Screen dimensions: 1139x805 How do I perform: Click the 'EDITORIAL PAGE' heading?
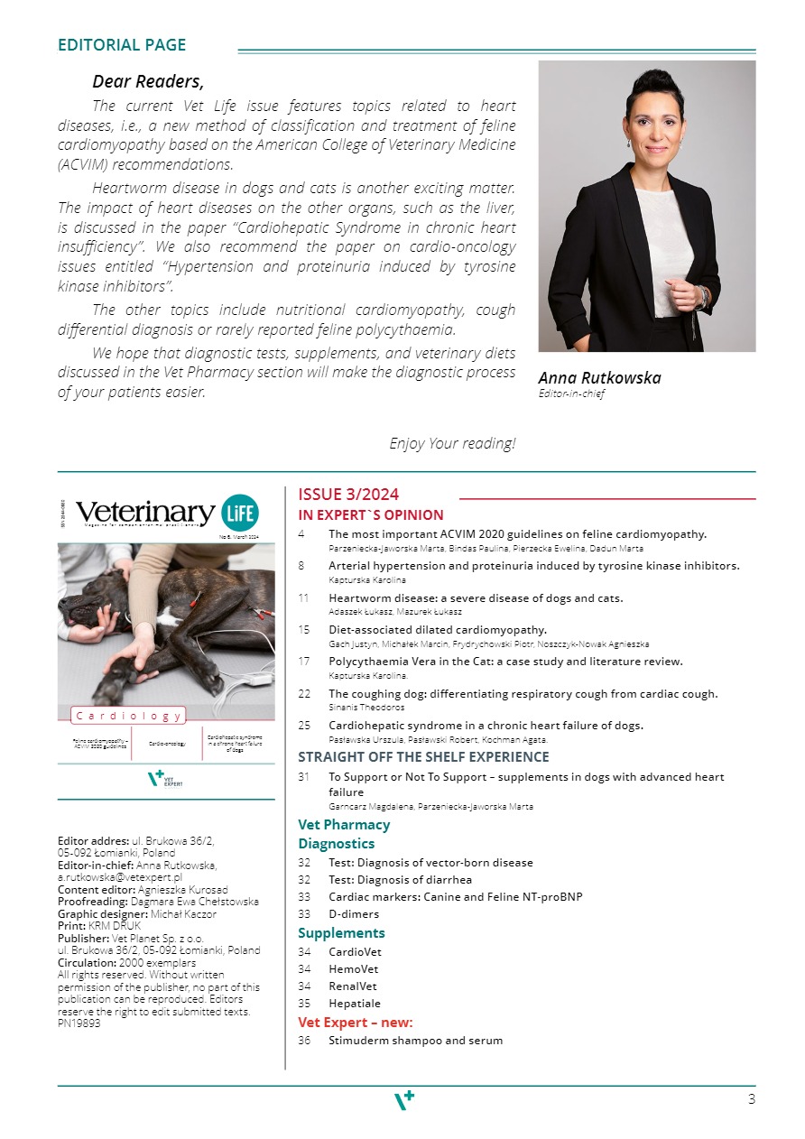click(122, 45)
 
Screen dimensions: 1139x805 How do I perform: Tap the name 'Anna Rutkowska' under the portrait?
click(599, 378)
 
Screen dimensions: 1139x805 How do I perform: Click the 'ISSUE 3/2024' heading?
click(348, 495)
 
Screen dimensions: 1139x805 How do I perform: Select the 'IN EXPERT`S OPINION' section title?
click(371, 515)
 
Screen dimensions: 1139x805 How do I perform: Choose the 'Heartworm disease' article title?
click(476, 597)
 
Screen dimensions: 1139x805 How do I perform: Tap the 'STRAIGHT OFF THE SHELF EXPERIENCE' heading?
click(423, 757)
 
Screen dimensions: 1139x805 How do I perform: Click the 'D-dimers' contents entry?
click(354, 914)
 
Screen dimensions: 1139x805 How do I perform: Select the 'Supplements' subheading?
click(341, 933)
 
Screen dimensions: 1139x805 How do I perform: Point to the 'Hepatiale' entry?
click(355, 1003)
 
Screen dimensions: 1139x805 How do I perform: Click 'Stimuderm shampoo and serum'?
click(415, 1041)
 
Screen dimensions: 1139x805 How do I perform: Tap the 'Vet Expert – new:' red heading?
click(356, 1023)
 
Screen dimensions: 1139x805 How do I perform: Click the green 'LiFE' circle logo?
click(240, 512)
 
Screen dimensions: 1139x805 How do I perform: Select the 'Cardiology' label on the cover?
click(128, 716)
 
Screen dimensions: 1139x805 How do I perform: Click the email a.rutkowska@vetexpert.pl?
click(120, 876)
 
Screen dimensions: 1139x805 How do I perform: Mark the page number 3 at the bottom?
click(752, 1099)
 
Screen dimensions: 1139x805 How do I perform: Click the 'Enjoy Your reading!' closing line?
click(452, 443)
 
